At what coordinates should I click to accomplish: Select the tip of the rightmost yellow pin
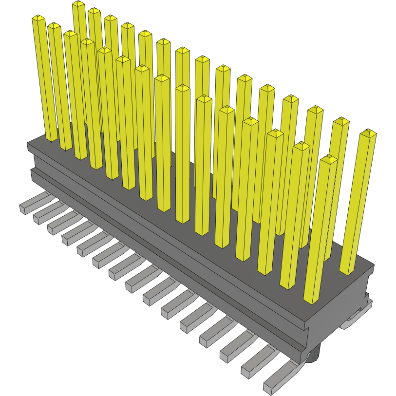pos(368,132)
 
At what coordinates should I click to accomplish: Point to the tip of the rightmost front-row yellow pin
pos(330,158)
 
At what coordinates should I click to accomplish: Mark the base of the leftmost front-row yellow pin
pos(52,139)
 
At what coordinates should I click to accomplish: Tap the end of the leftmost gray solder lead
pos(23,209)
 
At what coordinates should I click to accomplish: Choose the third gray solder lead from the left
pos(53,228)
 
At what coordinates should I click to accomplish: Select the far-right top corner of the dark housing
pos(374,266)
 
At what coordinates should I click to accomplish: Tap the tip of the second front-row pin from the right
pos(302,145)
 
